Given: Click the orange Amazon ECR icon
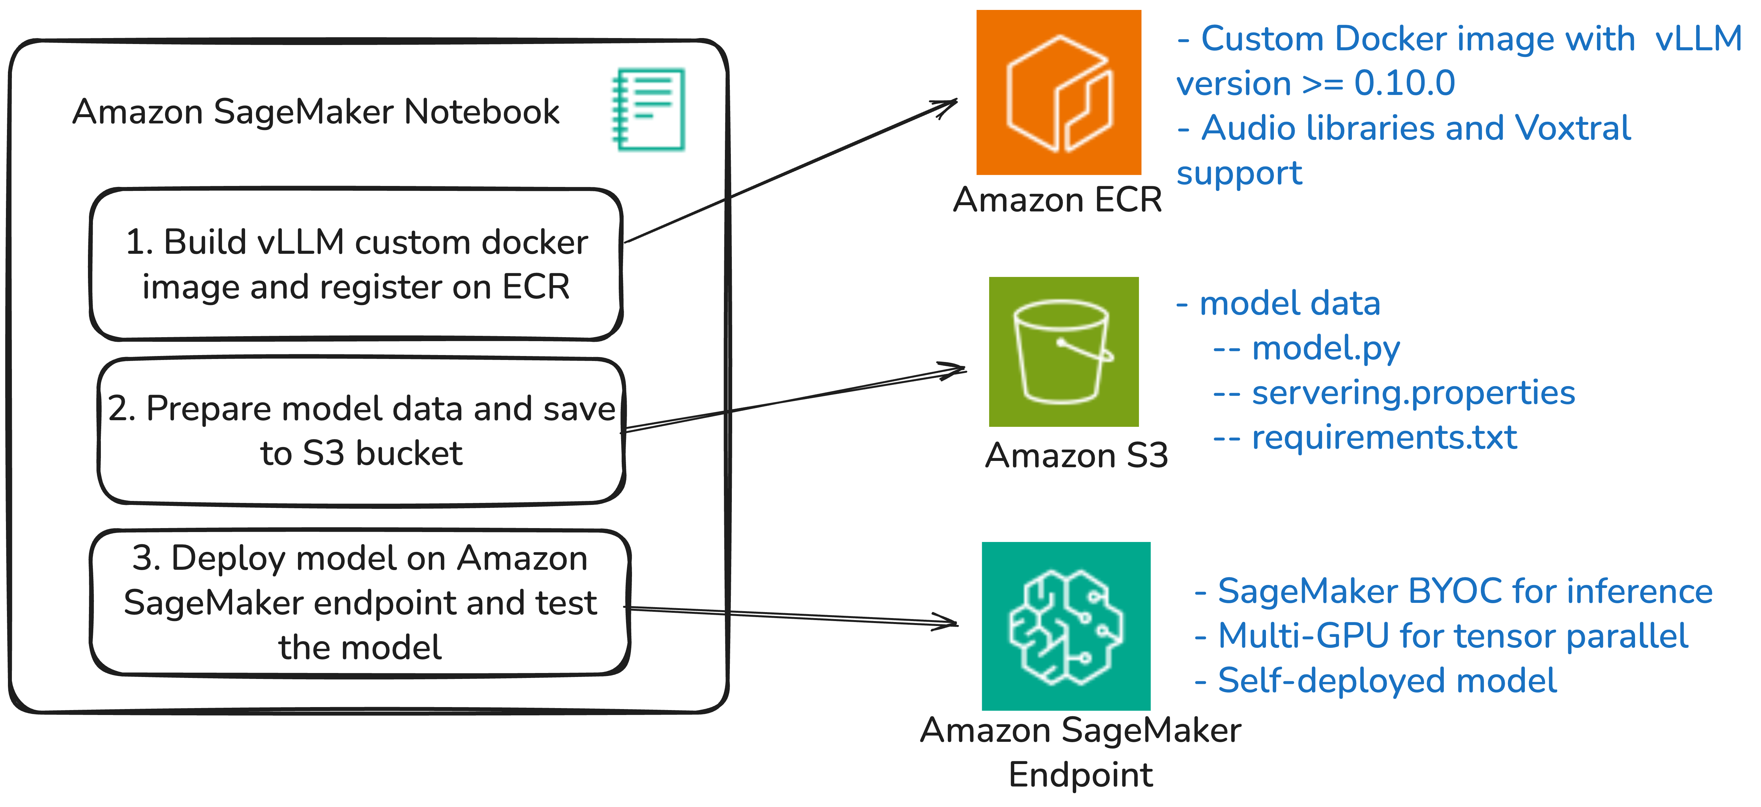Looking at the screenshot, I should (x=1058, y=92).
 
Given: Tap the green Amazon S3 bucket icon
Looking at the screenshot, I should (x=1064, y=351).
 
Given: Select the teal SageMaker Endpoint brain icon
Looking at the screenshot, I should (x=1066, y=626).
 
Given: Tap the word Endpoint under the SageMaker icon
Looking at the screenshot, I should (x=1080, y=775).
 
